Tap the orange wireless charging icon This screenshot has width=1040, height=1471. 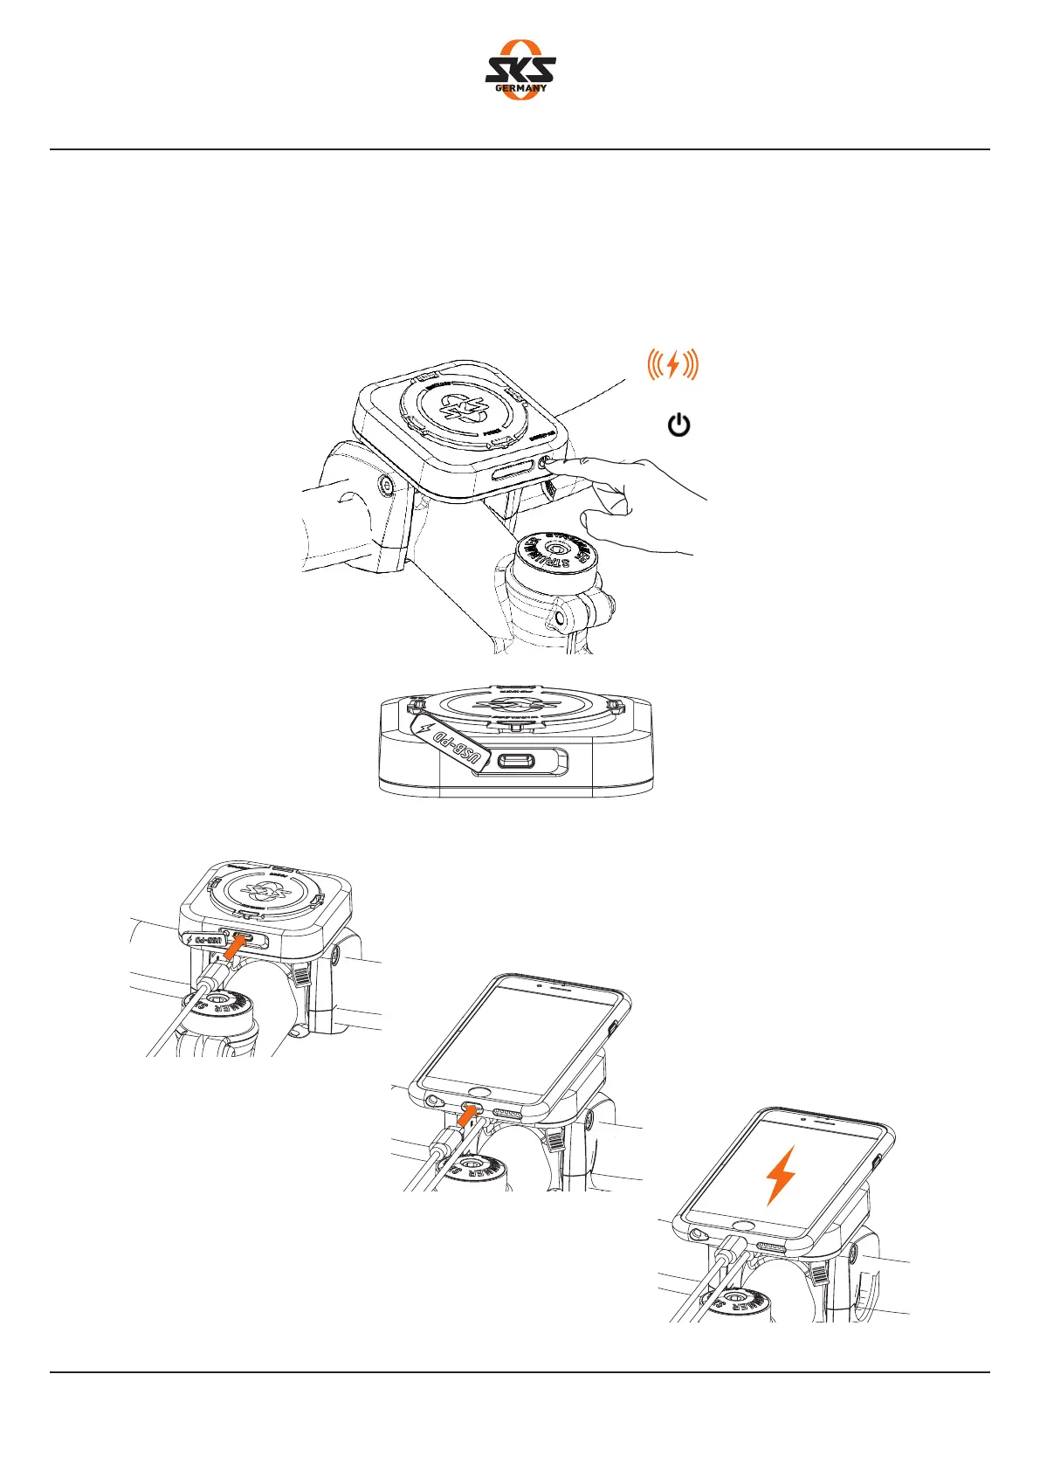click(x=672, y=364)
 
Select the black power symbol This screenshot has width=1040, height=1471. click(x=678, y=426)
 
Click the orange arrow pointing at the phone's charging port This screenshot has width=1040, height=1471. click(x=467, y=1115)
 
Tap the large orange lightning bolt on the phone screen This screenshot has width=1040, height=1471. click(x=780, y=1176)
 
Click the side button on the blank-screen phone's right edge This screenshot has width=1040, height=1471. click(x=616, y=1026)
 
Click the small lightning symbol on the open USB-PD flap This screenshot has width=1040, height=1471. click(x=427, y=728)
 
